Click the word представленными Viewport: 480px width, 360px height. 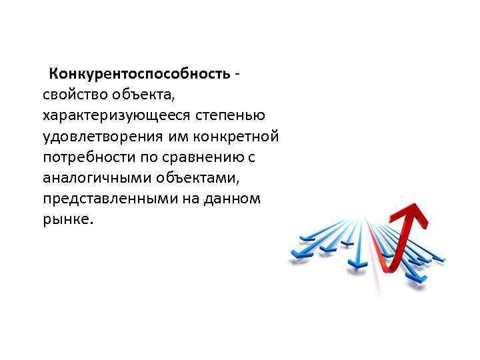pyautogui.click(x=105, y=199)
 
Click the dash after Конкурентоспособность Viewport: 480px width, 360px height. pyautogui.click(x=237, y=73)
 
